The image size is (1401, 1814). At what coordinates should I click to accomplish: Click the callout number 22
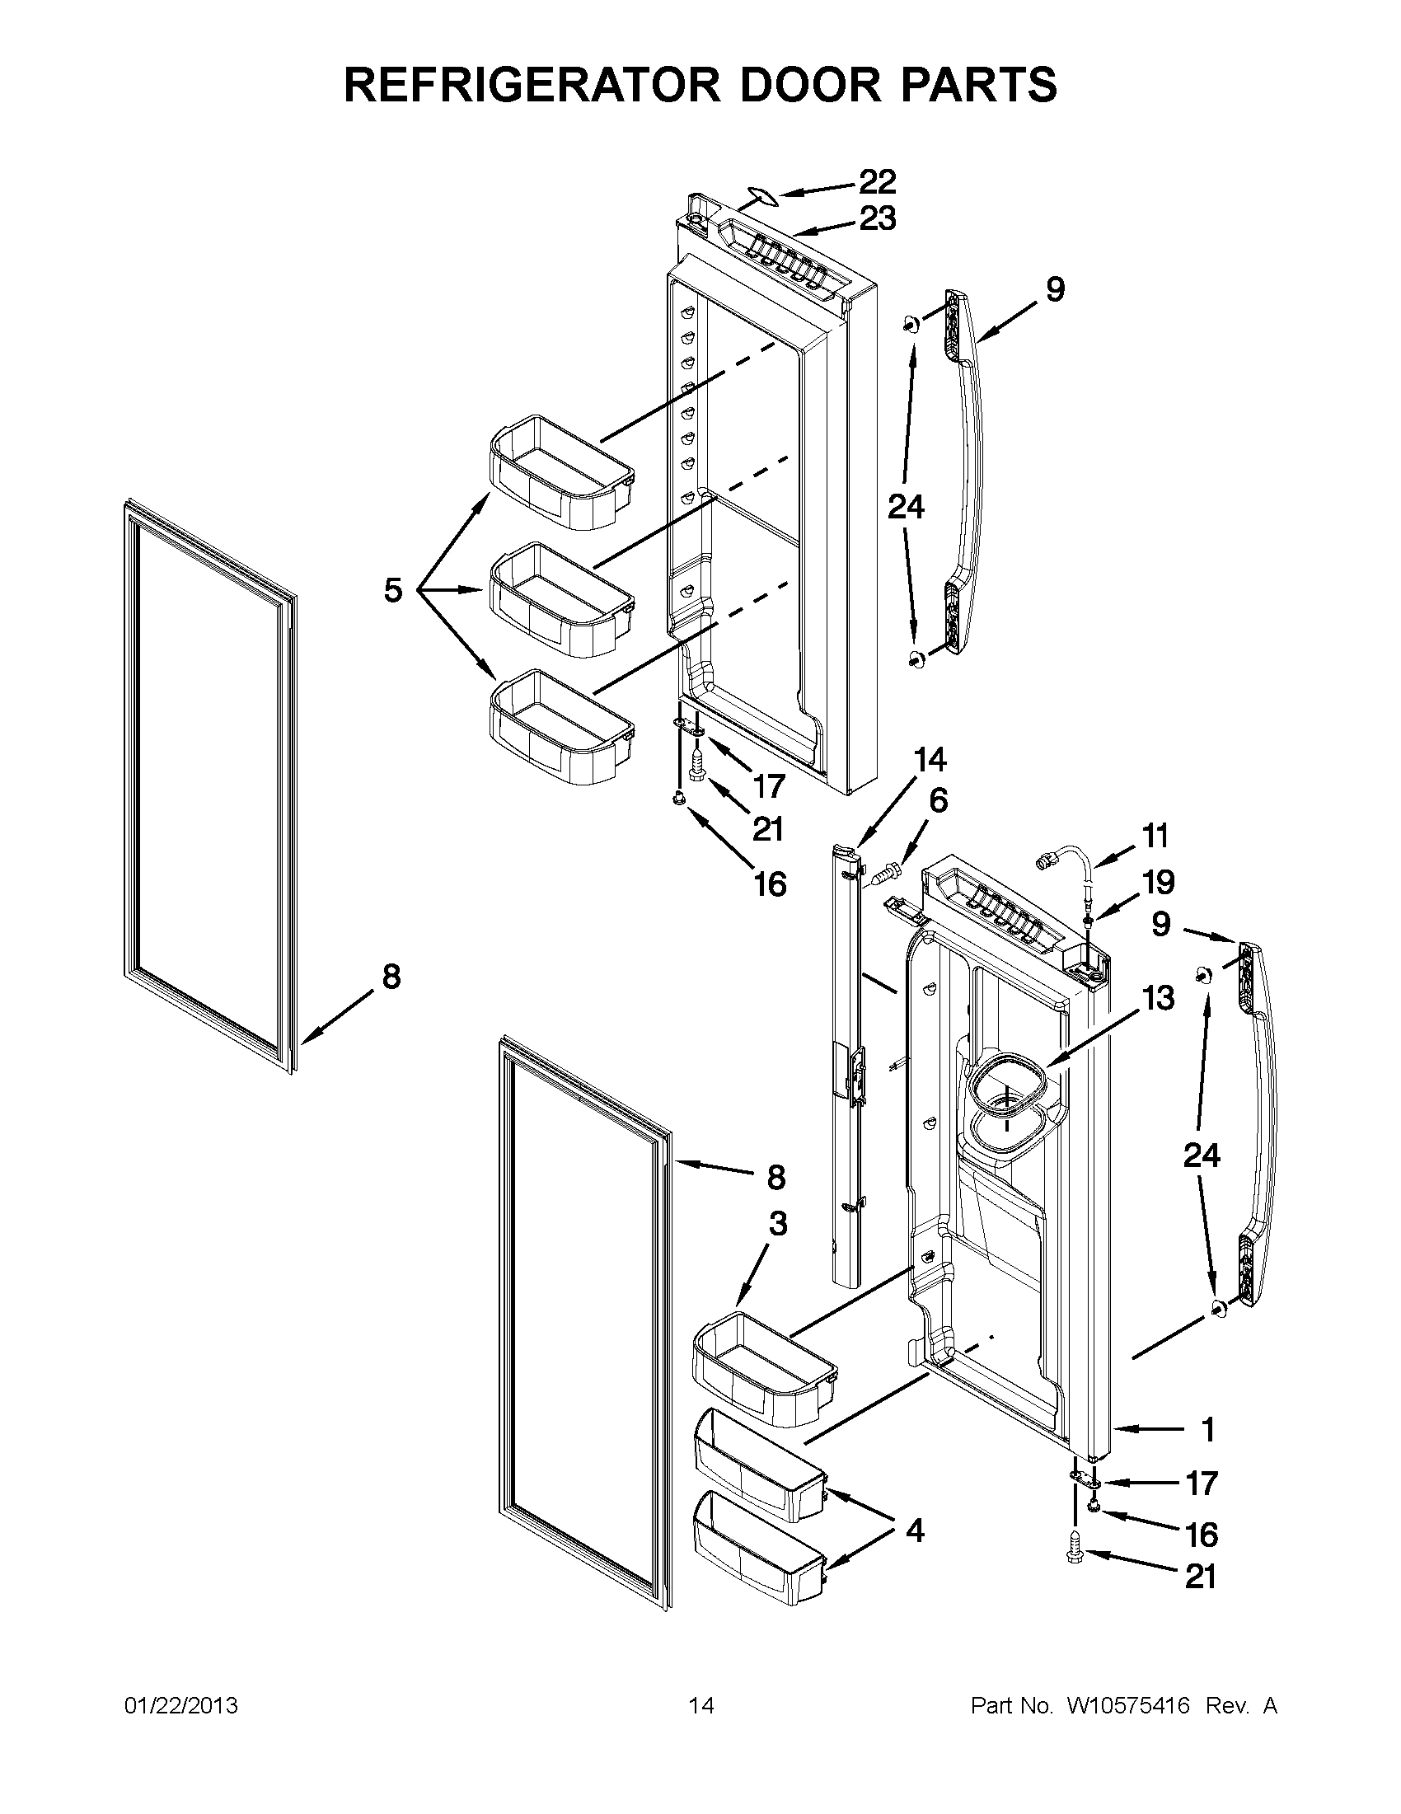877,181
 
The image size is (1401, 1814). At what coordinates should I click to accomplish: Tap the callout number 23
877,218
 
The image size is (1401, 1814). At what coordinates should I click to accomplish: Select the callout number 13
1158,996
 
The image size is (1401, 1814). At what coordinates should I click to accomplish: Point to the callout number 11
1155,836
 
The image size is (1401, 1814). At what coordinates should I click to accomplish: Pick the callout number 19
1158,882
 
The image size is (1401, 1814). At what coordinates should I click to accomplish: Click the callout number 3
777,1223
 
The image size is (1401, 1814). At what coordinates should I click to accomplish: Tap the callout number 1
1208,1429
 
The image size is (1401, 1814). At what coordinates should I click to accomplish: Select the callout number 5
393,591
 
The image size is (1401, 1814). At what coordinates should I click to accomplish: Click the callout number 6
938,801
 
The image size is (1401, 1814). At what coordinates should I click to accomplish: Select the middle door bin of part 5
561,598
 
